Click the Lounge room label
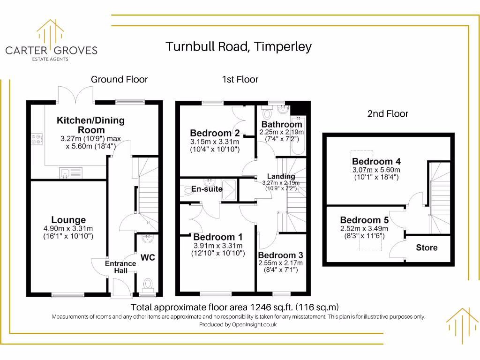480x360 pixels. [68, 220]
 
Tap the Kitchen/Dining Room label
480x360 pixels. [90, 125]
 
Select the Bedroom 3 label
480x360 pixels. [280, 255]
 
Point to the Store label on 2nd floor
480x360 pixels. [427, 247]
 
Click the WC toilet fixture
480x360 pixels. [148, 284]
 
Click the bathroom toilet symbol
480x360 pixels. [268, 113]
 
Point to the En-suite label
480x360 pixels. [207, 189]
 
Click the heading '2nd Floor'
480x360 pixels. [388, 114]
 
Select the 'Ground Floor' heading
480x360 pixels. [119, 80]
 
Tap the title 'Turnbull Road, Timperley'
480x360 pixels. [239, 47]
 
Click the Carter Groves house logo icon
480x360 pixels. [51, 32]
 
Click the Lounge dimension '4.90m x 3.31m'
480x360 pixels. [68, 229]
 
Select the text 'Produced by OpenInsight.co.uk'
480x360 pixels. [238, 324]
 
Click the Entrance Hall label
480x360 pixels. [120, 267]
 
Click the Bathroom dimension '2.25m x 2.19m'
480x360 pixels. [281, 132]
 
